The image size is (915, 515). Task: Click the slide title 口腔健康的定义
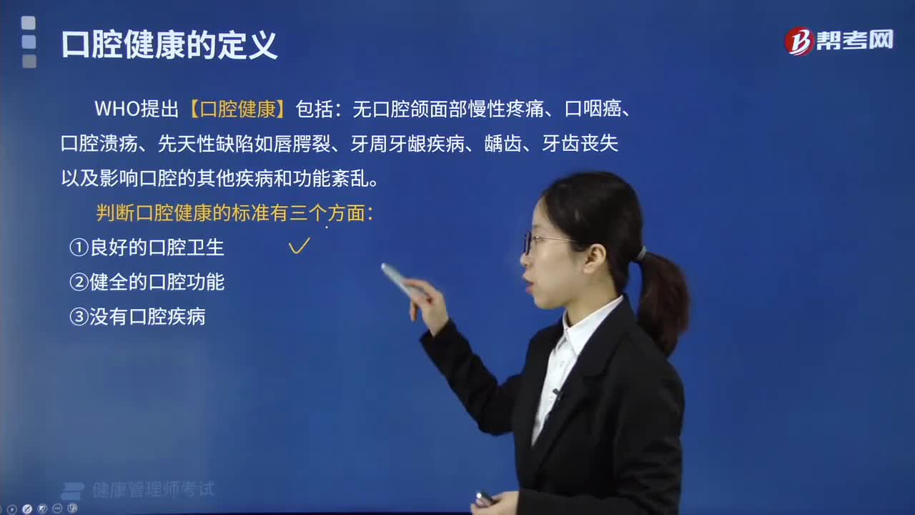coord(169,45)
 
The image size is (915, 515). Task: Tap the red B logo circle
coord(798,41)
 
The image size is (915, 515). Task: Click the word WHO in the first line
coord(117,109)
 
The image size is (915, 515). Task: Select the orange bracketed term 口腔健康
coord(238,109)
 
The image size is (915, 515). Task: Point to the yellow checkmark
coord(299,245)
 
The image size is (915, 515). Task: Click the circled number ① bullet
coord(79,247)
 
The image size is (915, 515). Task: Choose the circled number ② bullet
coord(79,282)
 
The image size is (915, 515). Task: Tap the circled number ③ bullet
coord(79,317)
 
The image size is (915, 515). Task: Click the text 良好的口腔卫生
coord(157,247)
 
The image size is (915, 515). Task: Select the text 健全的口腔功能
coord(157,282)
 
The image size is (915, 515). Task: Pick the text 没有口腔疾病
coord(147,317)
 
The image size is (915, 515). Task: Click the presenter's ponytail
coord(662,298)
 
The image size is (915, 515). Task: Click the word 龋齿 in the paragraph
coord(503,144)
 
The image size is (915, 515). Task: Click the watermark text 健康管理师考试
coord(153,489)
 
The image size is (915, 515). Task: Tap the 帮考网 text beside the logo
coord(855,40)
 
